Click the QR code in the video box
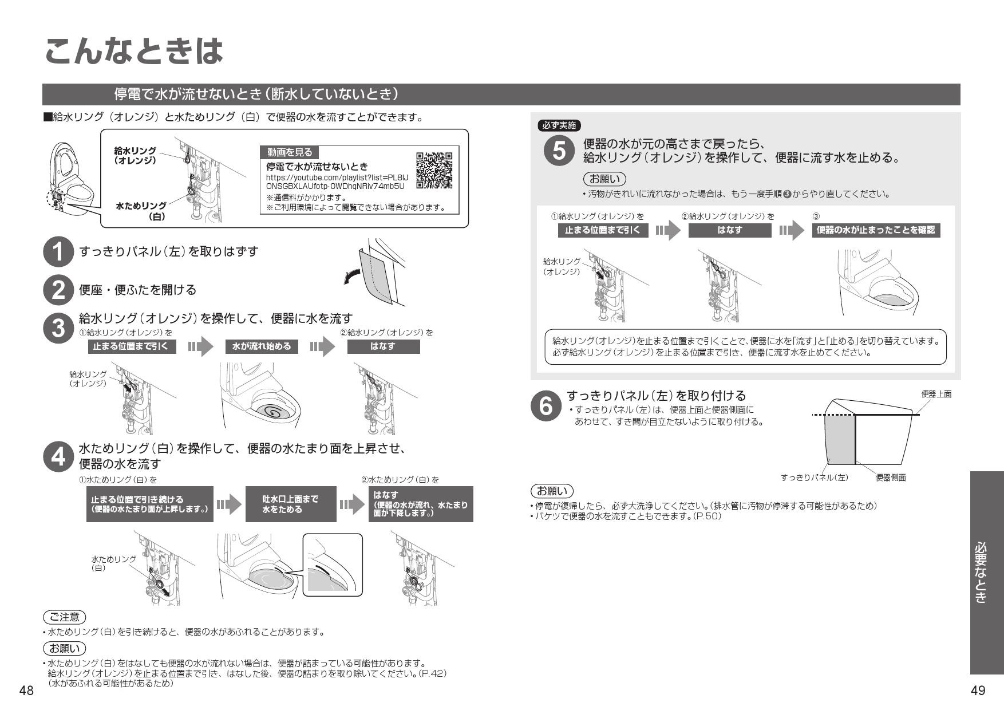434,170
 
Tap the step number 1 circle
58,252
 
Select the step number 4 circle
58,457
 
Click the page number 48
26,691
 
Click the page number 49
978,691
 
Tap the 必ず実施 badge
559,126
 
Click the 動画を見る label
290,152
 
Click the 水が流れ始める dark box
262,346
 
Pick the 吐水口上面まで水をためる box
290,504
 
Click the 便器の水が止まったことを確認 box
875,230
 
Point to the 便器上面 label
936,394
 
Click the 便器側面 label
891,478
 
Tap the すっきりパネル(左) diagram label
814,478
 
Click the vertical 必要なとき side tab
986,573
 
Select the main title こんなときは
133,52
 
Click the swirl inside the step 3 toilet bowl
273,411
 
